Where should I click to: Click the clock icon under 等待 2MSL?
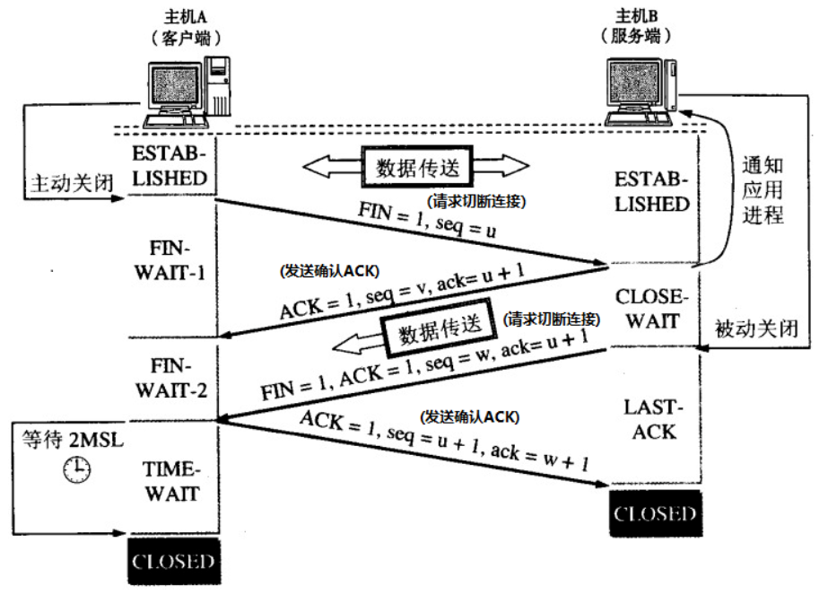(77, 468)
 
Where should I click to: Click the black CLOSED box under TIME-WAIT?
(172, 563)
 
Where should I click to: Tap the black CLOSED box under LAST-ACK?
(654, 514)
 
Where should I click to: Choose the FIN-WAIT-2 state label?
(172, 378)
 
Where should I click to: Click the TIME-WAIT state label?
(172, 480)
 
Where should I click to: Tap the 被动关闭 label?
(756, 329)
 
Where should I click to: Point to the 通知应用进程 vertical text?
(763, 190)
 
